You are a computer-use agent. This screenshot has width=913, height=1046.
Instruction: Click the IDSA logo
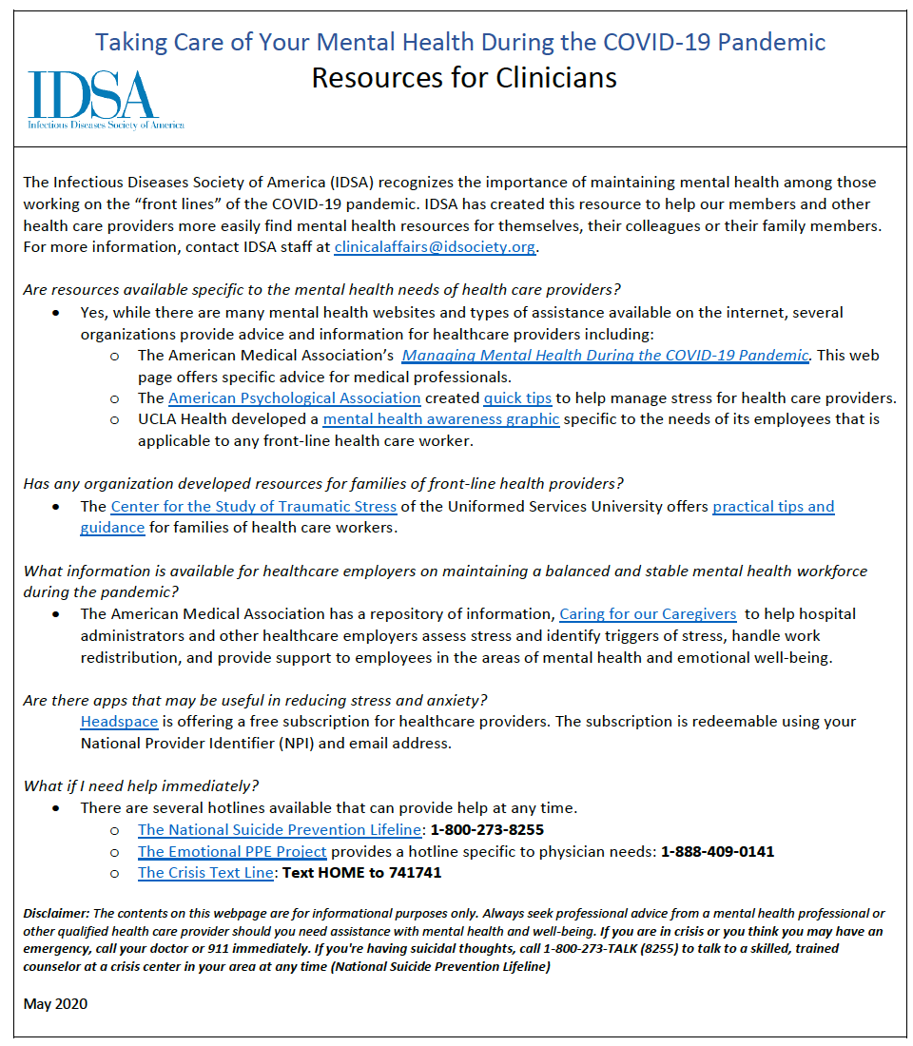pos(106,99)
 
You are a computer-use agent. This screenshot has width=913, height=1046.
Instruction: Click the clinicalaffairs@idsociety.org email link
pos(436,247)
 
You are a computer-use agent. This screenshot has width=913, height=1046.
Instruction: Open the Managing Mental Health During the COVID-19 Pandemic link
pos(605,356)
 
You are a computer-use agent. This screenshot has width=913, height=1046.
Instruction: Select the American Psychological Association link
pos(294,398)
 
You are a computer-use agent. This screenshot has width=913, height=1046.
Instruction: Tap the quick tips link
pos(518,398)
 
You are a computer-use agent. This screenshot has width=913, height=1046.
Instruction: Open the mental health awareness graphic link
pos(440,419)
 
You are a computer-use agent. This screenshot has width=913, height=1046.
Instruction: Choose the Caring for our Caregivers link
pos(648,614)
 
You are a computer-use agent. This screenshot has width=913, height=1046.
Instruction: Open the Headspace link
pos(119,722)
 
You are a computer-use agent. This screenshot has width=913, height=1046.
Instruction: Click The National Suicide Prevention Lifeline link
pos(279,830)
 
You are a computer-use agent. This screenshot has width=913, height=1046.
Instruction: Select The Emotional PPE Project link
pos(232,851)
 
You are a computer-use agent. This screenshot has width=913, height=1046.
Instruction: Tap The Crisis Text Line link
pos(205,873)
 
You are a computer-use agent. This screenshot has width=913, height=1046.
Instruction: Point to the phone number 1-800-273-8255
pos(487,830)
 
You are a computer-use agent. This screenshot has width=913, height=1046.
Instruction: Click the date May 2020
pos(55,1004)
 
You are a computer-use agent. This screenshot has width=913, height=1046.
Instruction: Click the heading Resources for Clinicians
pos(464,77)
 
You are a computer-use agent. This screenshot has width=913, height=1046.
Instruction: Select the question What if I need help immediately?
pos(141,786)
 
